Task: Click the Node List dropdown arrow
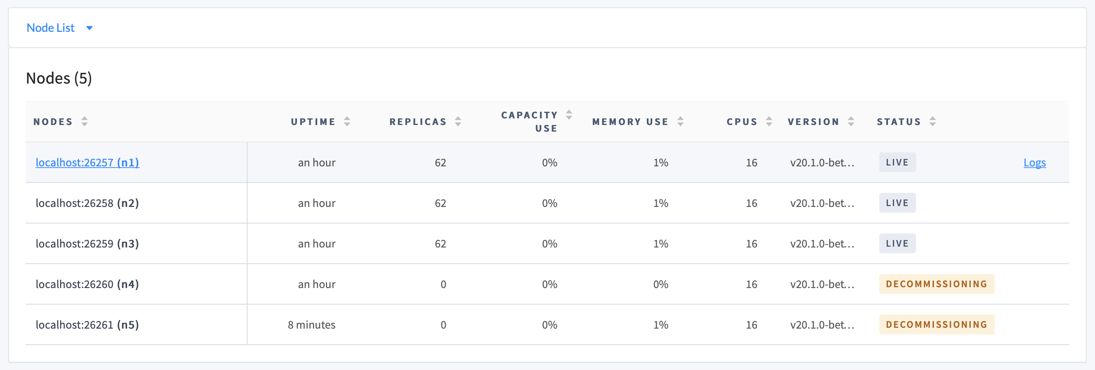89,28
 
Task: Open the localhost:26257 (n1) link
87,162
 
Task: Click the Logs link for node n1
1034,162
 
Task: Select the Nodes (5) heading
59,78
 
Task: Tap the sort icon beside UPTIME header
347,122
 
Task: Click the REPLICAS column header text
417,122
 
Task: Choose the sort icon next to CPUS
769,122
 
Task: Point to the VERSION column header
813,122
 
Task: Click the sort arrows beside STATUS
932,122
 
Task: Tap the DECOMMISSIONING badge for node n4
936,284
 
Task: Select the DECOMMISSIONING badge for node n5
936,324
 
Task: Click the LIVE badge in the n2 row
897,203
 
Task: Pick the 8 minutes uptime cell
311,324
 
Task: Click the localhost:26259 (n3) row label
87,243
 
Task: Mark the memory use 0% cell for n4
660,284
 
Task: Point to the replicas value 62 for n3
440,243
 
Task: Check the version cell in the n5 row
822,324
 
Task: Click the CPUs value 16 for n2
751,203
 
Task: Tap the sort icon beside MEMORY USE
680,122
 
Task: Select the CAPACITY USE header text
529,122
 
